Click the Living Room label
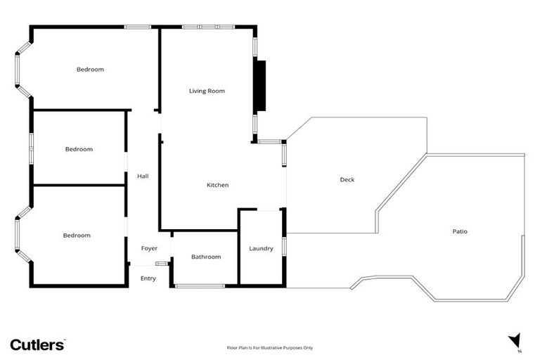point(207,91)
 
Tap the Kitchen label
point(217,185)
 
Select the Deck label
point(347,180)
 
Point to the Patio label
point(460,231)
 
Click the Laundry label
point(261,248)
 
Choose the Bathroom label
point(206,257)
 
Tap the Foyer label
point(149,248)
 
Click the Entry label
point(148,278)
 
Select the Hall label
point(143,176)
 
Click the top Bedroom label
point(90,69)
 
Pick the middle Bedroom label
point(79,149)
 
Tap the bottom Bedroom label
point(77,236)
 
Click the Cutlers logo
point(37,344)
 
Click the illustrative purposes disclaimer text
point(269,347)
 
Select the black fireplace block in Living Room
point(260,86)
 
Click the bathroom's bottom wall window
point(200,286)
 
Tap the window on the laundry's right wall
point(284,247)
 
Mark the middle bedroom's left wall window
point(31,149)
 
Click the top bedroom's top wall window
point(138,27)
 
